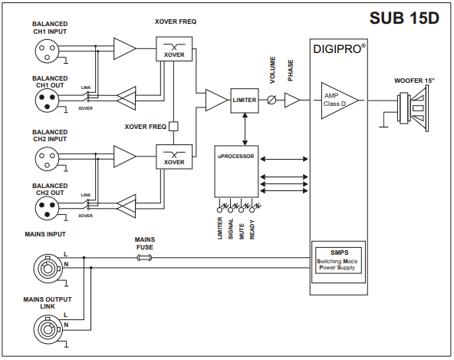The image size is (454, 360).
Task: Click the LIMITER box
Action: coord(245,101)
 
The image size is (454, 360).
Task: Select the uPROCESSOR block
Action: coord(236,172)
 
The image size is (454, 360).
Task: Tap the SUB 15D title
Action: coord(404,18)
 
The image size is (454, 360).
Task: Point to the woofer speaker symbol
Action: coord(413,108)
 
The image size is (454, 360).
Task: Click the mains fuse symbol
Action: coord(144,257)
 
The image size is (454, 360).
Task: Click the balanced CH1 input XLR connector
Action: coord(47,51)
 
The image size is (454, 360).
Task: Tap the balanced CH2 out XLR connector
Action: coord(47,207)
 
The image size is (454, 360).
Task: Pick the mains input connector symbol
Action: coord(48,268)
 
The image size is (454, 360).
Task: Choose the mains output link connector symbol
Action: coord(48,329)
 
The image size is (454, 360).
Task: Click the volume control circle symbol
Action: coord(271,100)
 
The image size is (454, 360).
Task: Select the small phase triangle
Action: coord(292,101)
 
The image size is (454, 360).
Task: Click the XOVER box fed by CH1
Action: coord(174,48)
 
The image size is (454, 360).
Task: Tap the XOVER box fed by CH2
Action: coord(174,157)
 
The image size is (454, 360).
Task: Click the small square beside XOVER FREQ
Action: coord(173,127)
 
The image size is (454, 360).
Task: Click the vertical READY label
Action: coord(252,230)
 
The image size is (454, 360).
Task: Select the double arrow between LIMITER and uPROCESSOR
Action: coord(245,129)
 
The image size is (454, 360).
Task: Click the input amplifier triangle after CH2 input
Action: coord(125,157)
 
